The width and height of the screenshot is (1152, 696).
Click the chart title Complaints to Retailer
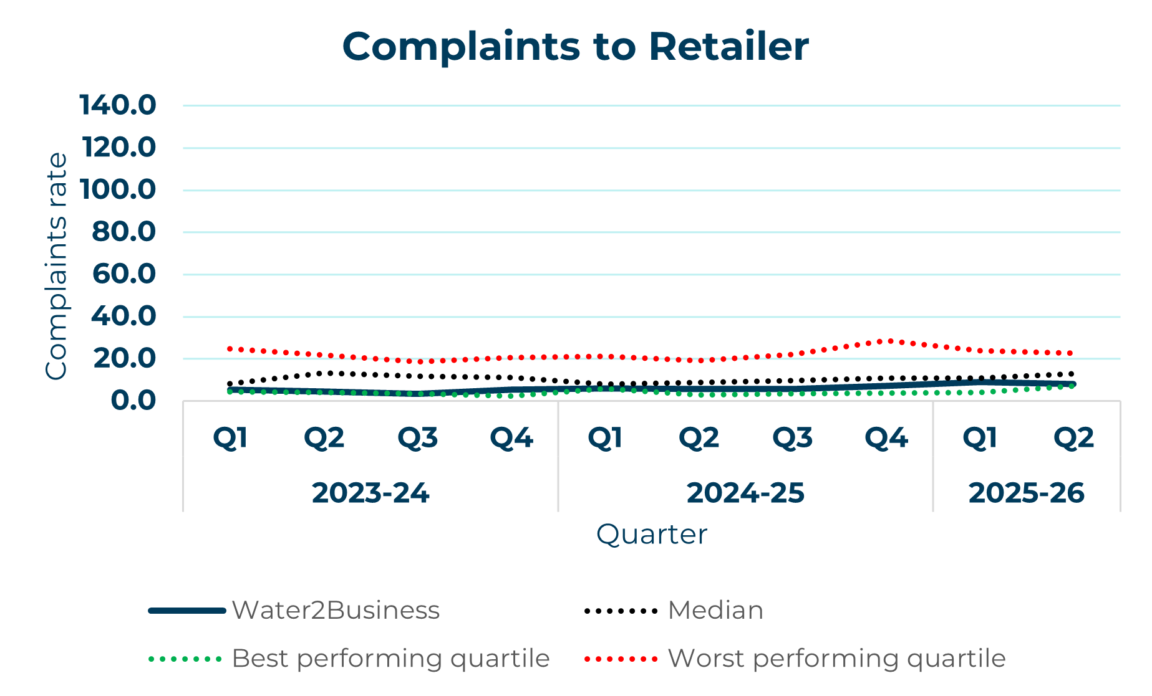click(575, 47)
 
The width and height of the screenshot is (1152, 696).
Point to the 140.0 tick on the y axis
click(118, 105)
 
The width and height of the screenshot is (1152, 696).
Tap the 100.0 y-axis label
click(118, 189)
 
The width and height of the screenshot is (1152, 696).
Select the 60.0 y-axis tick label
click(123, 274)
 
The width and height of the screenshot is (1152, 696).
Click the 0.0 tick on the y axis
click(133, 401)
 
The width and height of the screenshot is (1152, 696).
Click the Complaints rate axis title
click(56, 265)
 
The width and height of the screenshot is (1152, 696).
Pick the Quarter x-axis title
click(651, 535)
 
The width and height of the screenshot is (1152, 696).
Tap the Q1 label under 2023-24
click(231, 438)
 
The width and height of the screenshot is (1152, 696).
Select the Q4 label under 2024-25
click(886, 438)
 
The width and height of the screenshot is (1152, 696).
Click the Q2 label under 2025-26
click(1073, 438)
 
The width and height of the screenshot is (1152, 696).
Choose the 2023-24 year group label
click(370, 493)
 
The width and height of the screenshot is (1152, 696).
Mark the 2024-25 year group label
click(745, 493)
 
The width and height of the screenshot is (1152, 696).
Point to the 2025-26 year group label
click(1026, 493)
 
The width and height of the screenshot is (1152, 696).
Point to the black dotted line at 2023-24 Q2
click(324, 373)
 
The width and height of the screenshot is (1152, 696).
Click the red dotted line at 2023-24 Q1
click(230, 349)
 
